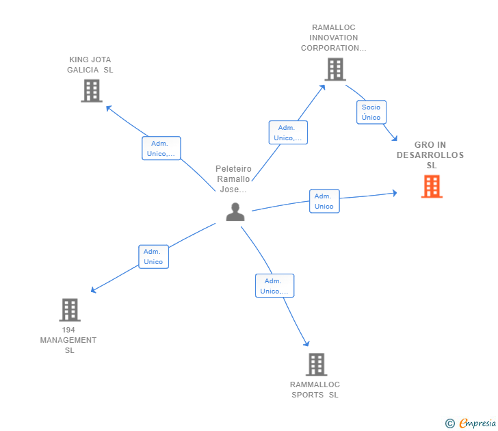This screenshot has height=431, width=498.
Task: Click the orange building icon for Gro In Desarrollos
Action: point(432,186)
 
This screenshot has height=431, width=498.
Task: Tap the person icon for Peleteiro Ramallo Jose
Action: point(235,212)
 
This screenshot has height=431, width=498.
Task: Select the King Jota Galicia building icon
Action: point(91,90)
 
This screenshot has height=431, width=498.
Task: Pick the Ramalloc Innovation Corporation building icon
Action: point(335,69)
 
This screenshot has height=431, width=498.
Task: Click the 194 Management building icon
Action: point(70,310)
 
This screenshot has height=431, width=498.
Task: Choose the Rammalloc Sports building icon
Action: point(315,365)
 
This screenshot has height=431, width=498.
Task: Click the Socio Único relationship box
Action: point(371,112)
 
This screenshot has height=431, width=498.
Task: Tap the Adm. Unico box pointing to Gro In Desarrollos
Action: point(324,201)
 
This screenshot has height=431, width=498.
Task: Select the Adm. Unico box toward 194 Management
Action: point(153,257)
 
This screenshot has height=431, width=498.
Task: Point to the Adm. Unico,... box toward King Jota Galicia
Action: point(161,148)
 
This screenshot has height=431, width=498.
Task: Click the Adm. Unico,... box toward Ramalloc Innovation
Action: point(288,133)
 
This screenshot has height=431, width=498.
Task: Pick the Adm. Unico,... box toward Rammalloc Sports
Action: point(274,286)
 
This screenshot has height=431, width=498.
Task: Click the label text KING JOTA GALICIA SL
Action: point(90,65)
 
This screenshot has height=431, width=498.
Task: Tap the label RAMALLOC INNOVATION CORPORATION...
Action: point(334,38)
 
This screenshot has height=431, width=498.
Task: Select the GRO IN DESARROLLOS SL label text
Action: point(430,155)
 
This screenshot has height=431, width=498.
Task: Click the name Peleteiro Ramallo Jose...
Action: point(233,179)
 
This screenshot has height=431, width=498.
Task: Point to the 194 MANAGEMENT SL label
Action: point(68,340)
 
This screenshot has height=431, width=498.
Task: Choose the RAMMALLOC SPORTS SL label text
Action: point(315,389)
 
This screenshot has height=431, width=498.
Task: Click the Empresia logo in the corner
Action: point(477,423)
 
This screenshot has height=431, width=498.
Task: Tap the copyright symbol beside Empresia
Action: point(450,423)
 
